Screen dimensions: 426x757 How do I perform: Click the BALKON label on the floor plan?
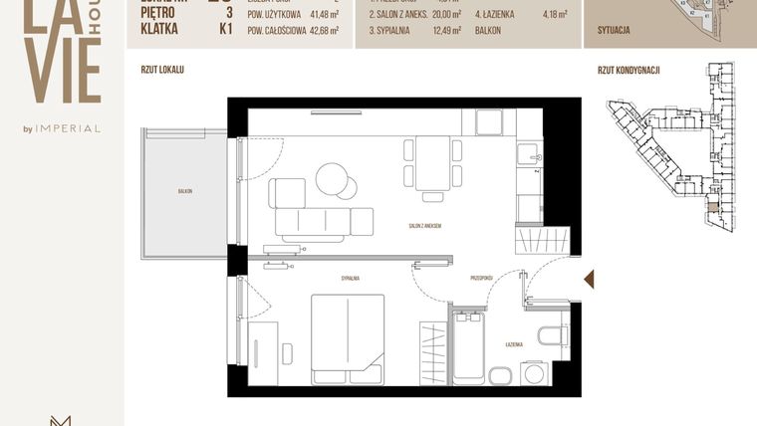tap(184, 190)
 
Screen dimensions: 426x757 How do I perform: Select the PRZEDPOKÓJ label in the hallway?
tap(482, 279)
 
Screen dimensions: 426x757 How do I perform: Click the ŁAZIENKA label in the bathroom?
tap(514, 343)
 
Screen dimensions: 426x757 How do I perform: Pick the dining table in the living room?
tap(432, 164)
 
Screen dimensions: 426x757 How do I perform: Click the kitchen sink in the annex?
tap(528, 152)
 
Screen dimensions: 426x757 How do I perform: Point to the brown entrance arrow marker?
tap(589, 279)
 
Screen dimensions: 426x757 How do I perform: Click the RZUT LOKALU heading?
tap(162, 71)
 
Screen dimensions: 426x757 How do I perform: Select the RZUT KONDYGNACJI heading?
tap(629, 71)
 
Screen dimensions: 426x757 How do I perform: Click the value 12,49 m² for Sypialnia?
tap(448, 30)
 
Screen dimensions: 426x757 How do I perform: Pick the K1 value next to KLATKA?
tap(225, 30)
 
